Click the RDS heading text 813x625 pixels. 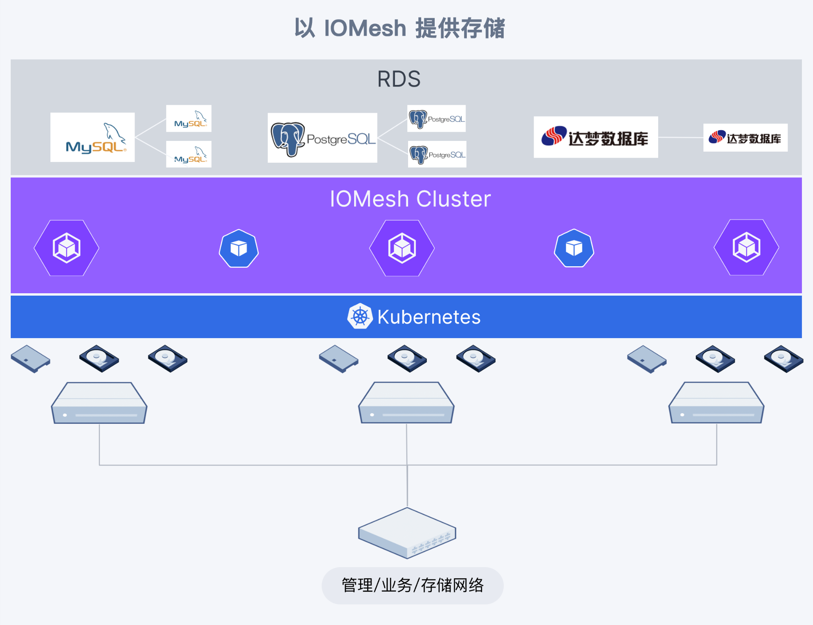399,79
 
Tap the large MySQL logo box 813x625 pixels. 92,137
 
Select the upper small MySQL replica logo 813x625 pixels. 189,118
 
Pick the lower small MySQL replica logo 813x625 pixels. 189,154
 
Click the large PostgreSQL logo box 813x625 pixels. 322,138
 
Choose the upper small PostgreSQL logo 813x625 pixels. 436,118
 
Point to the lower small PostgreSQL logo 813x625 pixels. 437,154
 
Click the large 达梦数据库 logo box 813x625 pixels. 595,137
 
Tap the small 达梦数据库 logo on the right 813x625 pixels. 745,138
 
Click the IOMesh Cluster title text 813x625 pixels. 410,199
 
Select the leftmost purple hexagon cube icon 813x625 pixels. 67,248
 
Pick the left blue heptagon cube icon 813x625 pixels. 239,248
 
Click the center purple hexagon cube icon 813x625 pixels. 402,248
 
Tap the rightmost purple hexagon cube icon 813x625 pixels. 746,248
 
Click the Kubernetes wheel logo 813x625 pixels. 360,316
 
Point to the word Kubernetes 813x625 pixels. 429,317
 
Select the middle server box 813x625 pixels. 406,403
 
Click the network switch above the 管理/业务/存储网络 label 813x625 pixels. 407,533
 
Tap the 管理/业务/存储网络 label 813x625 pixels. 412,585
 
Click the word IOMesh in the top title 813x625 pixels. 365,28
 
